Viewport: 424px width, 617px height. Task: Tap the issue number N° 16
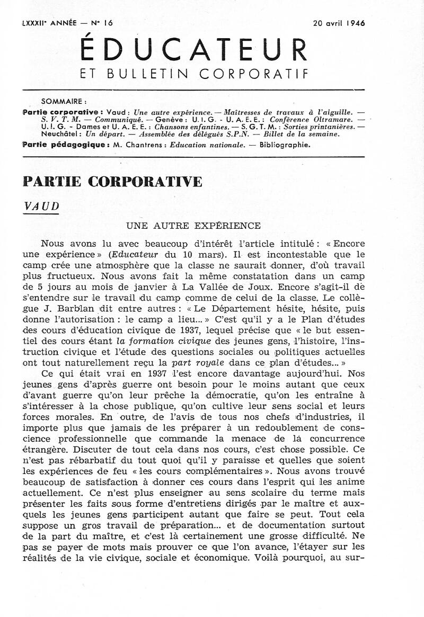coord(98,23)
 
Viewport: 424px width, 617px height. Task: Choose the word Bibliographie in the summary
coord(284,144)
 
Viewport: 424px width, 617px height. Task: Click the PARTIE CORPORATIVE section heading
coord(113,181)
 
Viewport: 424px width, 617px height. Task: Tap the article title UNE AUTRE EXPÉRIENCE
coord(193,226)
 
